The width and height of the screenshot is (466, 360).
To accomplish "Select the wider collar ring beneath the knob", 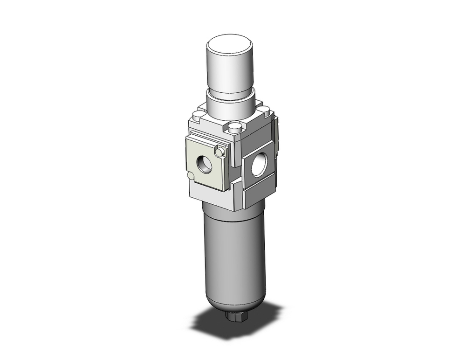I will [x=231, y=105].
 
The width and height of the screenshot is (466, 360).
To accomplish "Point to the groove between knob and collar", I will [x=230, y=91].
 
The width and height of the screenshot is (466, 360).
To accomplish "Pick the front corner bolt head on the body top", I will [x=235, y=127].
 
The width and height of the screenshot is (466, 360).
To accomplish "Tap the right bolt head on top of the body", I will [x=264, y=111].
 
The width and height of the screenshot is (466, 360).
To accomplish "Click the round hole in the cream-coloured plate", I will [x=204, y=164].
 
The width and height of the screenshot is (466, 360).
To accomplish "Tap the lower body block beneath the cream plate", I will [x=210, y=198].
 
